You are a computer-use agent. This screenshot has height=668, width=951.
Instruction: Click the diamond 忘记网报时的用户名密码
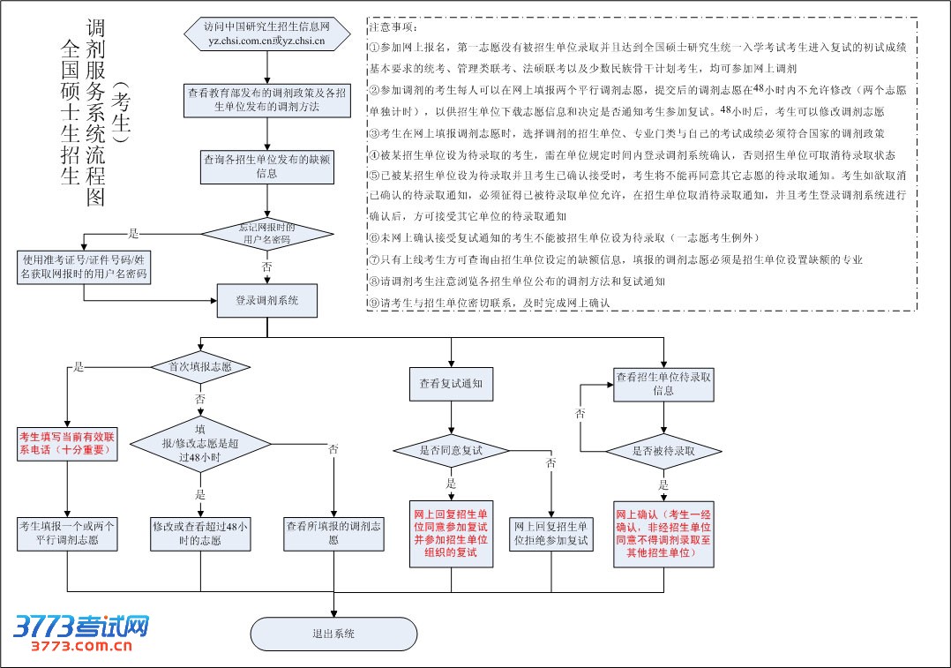click(266, 235)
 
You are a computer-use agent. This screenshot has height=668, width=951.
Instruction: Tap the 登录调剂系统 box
click(266, 301)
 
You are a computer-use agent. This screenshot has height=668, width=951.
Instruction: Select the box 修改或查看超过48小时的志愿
click(200, 533)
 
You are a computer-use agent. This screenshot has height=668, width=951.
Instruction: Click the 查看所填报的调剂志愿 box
click(333, 533)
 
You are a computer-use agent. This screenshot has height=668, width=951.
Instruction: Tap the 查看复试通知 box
click(451, 385)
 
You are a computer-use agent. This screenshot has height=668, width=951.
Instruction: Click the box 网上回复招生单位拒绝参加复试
click(550, 533)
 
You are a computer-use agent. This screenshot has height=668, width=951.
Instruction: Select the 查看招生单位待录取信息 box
click(663, 384)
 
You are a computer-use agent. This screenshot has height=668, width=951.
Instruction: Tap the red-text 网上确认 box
click(663, 533)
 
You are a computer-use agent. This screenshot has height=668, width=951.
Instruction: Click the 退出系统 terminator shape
click(333, 634)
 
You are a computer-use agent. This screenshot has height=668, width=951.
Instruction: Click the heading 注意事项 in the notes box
click(393, 28)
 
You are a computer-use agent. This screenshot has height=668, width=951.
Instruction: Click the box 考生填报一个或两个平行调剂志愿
click(68, 533)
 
